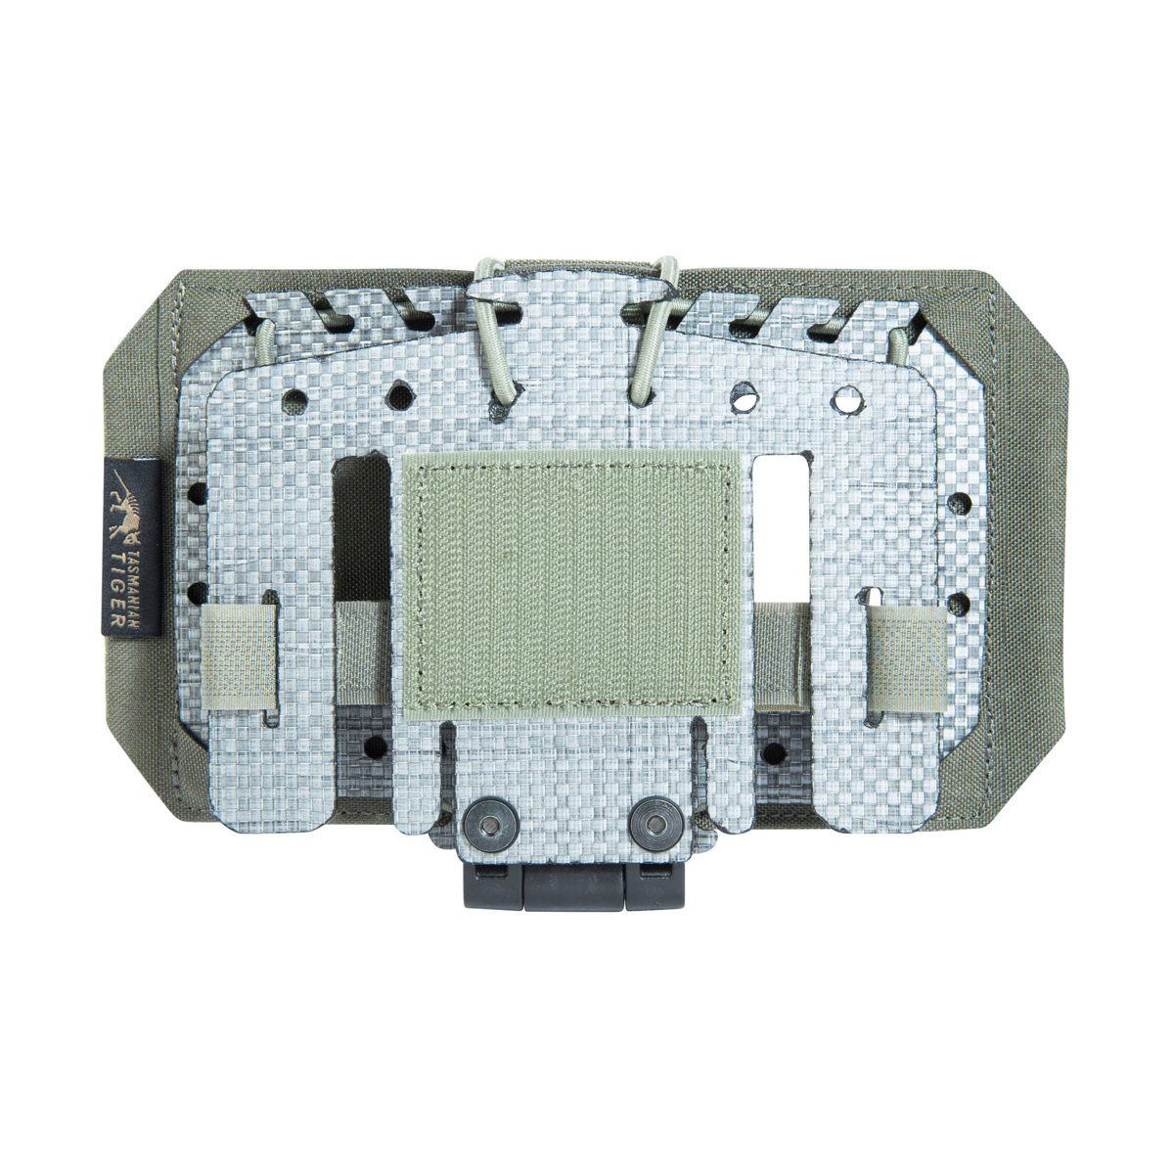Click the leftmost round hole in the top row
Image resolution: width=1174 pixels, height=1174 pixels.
(289, 398)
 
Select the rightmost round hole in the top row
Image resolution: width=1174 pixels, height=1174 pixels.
(843, 399)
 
